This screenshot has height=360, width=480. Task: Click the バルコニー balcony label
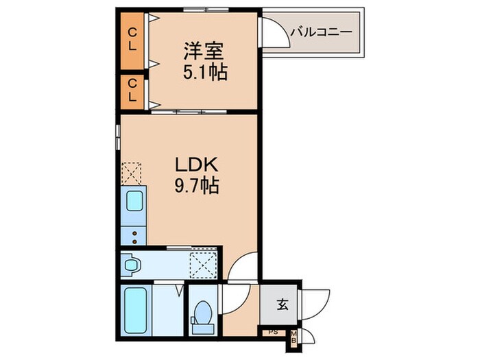(x=320, y=32)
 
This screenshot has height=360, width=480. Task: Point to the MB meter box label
(x=293, y=336)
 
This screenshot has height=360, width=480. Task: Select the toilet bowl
(x=202, y=313)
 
